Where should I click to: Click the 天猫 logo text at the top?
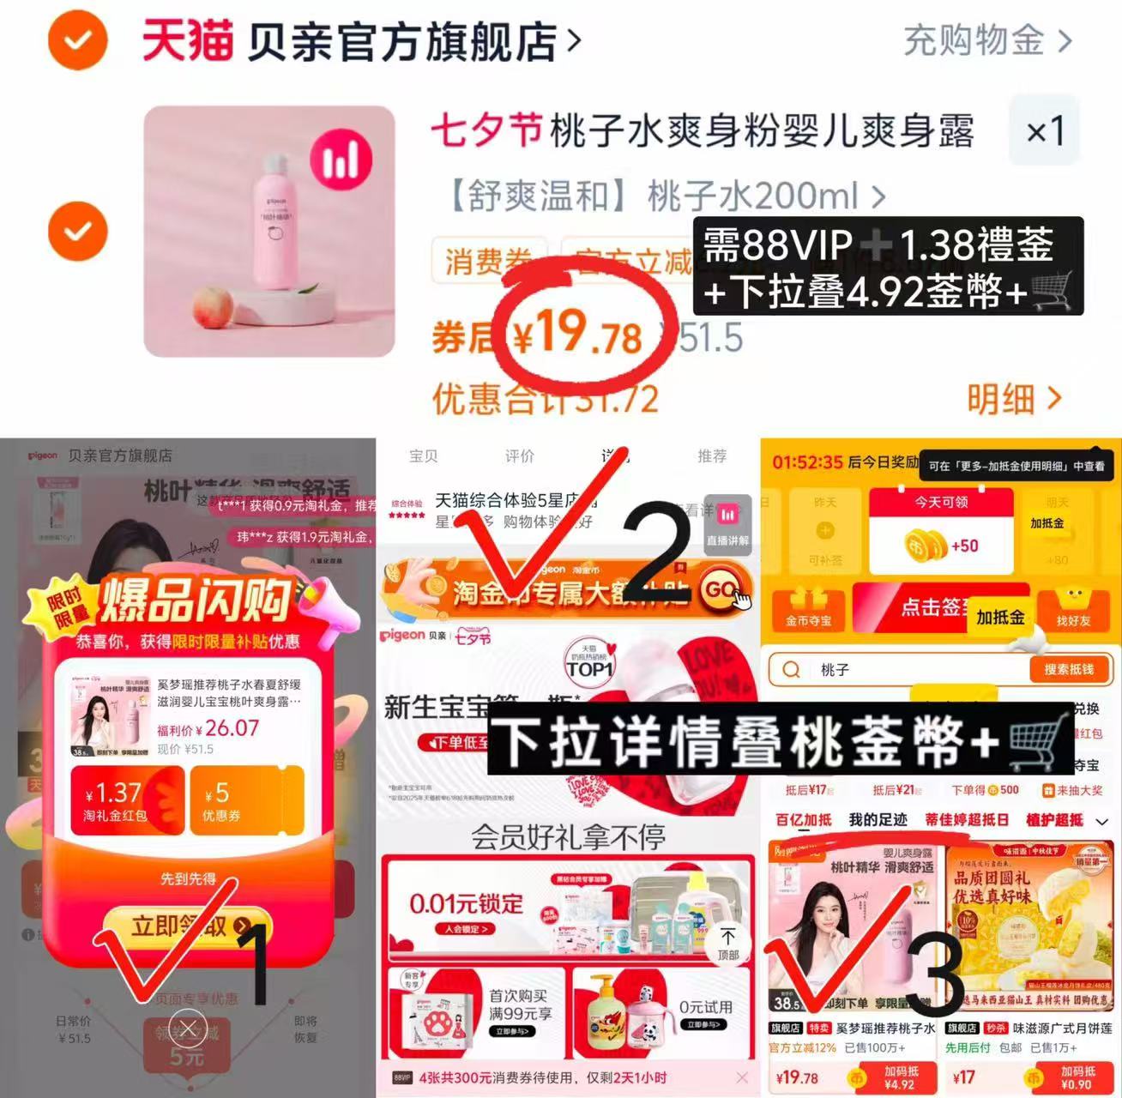[x=187, y=40]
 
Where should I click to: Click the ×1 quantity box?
[x=1044, y=131]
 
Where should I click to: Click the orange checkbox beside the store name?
[x=77, y=40]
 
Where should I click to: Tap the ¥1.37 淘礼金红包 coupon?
[x=128, y=801]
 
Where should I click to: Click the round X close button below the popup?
[x=188, y=1027]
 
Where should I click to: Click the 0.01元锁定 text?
[x=466, y=903]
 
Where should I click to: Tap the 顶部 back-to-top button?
[x=727, y=943]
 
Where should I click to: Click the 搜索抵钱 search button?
[x=1069, y=669]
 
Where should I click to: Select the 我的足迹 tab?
[x=878, y=820]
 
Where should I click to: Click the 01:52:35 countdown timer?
[x=807, y=462]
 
